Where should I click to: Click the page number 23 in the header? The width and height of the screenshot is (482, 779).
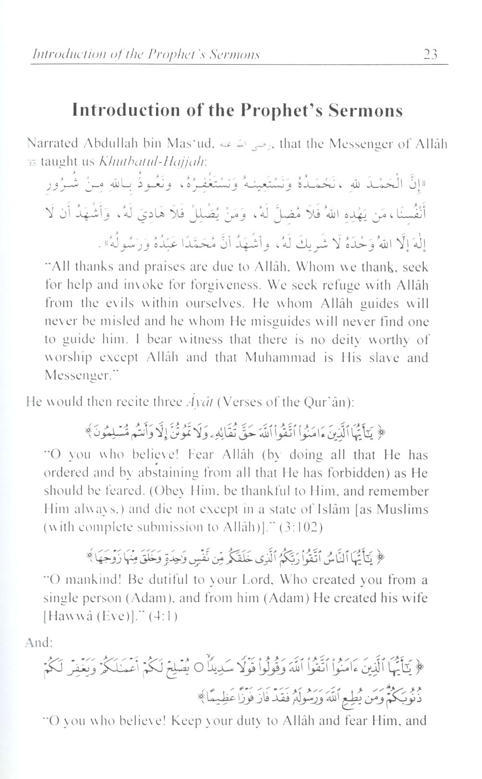pyautogui.click(x=431, y=54)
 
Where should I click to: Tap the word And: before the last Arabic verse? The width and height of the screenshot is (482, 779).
pyautogui.click(x=39, y=643)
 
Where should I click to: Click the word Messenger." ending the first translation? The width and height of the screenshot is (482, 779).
pyautogui.click(x=78, y=375)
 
